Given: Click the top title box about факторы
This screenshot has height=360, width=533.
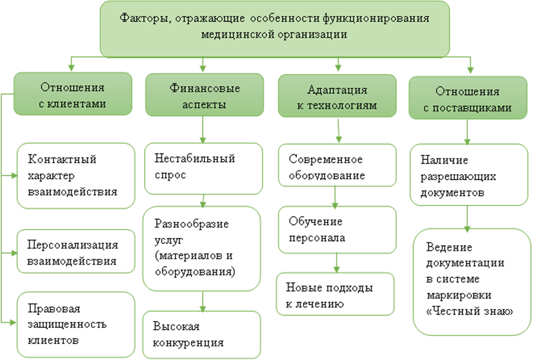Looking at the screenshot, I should [274, 27].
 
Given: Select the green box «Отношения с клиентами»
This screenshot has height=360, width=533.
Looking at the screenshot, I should [72, 95].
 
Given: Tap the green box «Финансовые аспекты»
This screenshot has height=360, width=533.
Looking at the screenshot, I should [205, 95].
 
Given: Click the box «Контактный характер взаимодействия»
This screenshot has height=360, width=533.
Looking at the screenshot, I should [75, 175].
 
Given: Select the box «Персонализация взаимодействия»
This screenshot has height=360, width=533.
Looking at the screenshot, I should [75, 252].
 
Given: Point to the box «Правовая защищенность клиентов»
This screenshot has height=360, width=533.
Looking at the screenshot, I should [75, 323].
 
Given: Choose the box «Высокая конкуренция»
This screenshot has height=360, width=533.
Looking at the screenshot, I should [203, 333].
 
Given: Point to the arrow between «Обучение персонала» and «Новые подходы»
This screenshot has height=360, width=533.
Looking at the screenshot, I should [336, 263].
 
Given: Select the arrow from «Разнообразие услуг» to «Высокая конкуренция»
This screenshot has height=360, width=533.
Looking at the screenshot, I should [204, 301].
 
